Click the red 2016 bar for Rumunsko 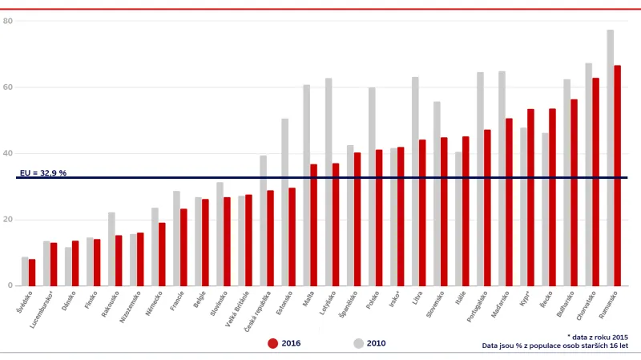click(x=617, y=176)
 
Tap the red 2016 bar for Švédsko click(x=32, y=273)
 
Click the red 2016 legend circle click(x=272, y=343)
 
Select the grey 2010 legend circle click(x=358, y=343)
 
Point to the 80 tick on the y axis click(x=8, y=21)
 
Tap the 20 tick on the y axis click(x=8, y=220)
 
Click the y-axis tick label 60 click(x=8, y=87)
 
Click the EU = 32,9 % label click(x=42, y=172)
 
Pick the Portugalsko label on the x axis click(x=478, y=308)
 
